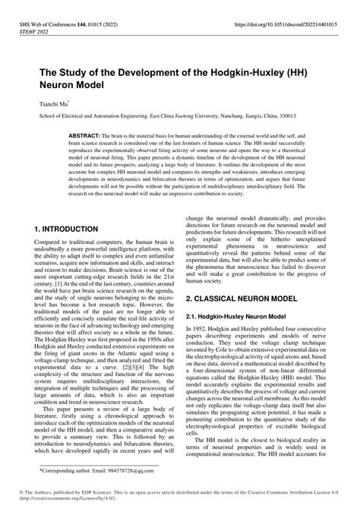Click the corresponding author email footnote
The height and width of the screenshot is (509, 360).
point(83,472)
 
